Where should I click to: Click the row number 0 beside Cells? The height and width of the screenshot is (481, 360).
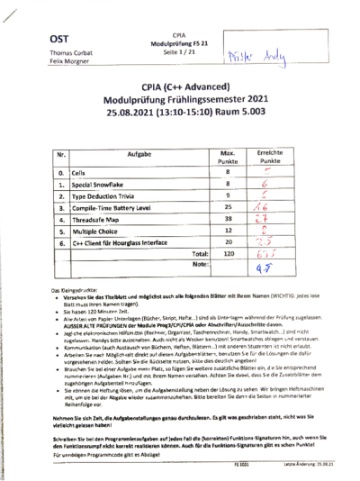(x=60, y=171)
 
